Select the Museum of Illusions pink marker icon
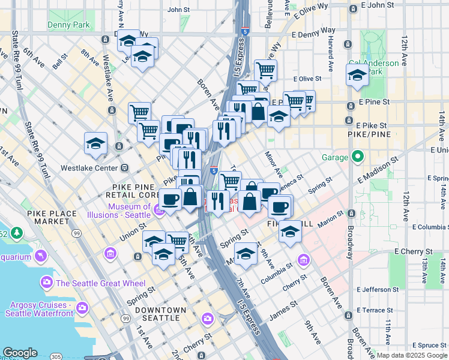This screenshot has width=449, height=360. pyautogui.click(x=158, y=210)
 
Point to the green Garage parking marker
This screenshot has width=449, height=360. pyautogui.click(x=358, y=157)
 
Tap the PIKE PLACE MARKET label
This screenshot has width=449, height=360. pyautogui.click(x=52, y=218)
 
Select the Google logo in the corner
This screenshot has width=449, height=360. pyautogui.click(x=20, y=353)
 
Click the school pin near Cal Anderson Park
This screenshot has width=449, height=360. pyautogui.click(x=357, y=76)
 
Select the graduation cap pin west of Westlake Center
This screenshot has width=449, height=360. pyautogui.click(x=95, y=144)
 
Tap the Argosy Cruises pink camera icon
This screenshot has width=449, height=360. pyautogui.click(x=82, y=308)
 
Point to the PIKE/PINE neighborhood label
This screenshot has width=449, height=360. pyautogui.click(x=369, y=136)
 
